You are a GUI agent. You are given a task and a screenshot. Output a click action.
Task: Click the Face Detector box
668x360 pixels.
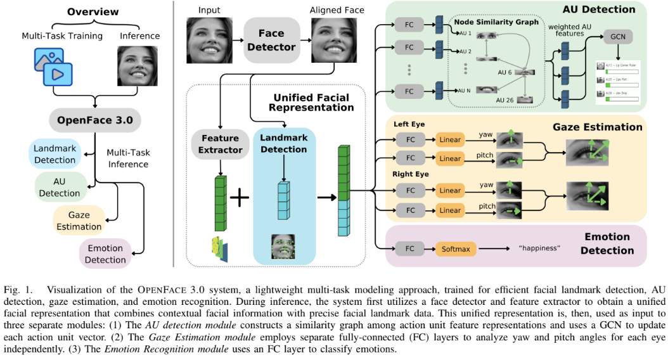pos(271,39)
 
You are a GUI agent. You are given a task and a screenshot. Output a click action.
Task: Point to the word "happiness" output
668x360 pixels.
pos(539,248)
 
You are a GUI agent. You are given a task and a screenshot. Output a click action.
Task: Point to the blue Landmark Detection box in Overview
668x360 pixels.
pos(55,154)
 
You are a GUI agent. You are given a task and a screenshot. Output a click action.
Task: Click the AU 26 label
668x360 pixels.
pos(504,100)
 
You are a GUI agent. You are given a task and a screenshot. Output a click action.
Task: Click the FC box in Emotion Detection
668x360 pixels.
pos(409,248)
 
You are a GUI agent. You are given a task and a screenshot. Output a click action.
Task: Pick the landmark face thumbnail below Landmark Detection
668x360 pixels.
pos(283,247)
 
